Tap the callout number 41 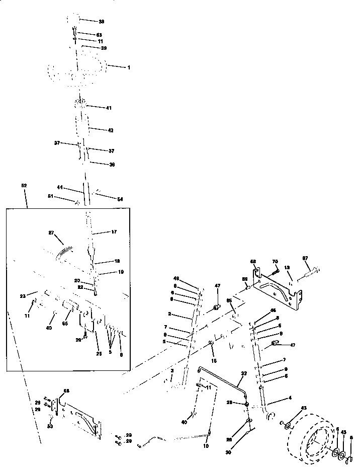click(x=109, y=108)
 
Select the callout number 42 click(x=110, y=130)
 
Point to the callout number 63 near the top click(x=99, y=35)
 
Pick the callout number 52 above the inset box click(x=24, y=186)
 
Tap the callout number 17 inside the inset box click(x=114, y=232)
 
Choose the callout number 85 click(x=230, y=300)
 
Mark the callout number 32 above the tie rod click(x=244, y=373)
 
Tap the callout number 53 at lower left click(x=49, y=426)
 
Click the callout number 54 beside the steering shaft click(x=120, y=200)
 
